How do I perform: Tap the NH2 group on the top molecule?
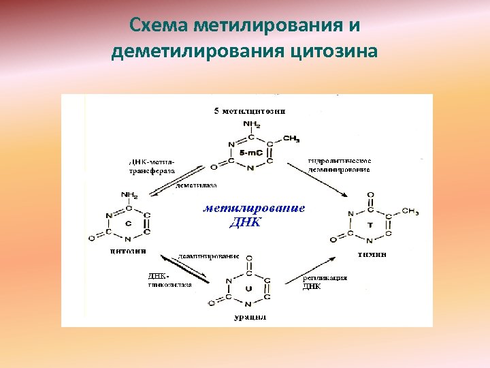click(251, 125)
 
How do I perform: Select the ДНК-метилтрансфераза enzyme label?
click(152, 166)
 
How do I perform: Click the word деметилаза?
click(197, 185)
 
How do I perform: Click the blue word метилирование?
click(254, 209)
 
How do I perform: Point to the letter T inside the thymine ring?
click(370, 224)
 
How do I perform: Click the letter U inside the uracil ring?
click(247, 288)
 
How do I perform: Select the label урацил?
click(246, 318)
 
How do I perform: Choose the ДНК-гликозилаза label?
click(169, 281)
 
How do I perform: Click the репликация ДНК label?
click(325, 281)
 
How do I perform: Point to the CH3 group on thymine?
click(410, 211)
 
